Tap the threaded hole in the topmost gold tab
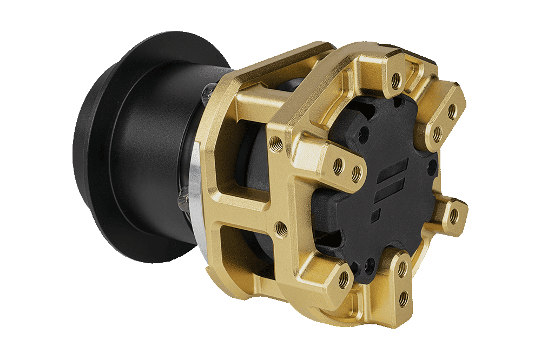tap(395, 81)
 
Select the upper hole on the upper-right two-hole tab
tap(451, 111)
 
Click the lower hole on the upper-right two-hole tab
tap(437, 133)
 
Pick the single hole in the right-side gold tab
tap(453, 216)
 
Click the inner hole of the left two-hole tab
tap(356, 174)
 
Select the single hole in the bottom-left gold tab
tap(343, 279)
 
